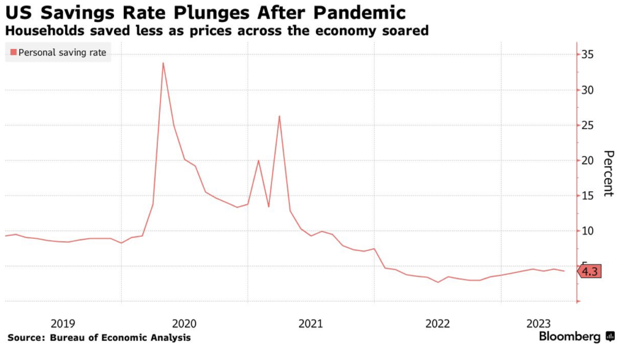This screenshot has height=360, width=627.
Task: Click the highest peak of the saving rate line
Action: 163,63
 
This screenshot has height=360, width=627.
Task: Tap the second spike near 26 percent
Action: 279,116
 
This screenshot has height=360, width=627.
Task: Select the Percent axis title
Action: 607,173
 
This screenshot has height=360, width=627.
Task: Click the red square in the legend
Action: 13,53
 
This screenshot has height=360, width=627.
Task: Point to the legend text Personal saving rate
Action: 62,53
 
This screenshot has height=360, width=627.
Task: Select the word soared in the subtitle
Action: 405,30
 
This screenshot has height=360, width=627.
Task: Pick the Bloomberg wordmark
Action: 569,337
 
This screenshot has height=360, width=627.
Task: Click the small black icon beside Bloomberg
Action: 610,337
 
